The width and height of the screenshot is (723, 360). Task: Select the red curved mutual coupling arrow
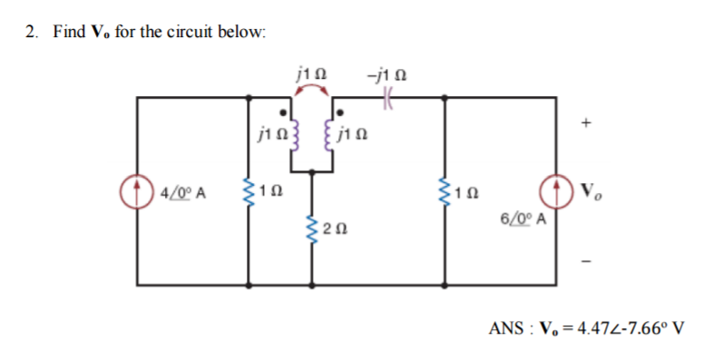tap(313, 91)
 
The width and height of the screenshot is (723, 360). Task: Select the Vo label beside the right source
tap(591, 192)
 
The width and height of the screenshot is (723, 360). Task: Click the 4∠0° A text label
tap(182, 192)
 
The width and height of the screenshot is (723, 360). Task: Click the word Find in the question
tap(69, 32)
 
